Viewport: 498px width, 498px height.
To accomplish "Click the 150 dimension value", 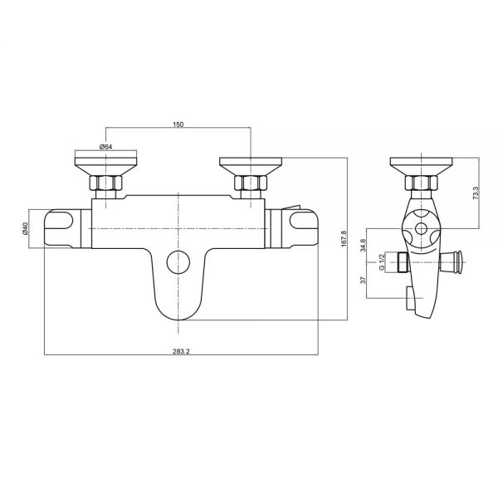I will (x=178, y=124).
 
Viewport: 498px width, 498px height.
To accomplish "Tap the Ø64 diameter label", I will (x=106, y=147).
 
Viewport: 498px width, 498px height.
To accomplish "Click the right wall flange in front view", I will (x=250, y=162).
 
